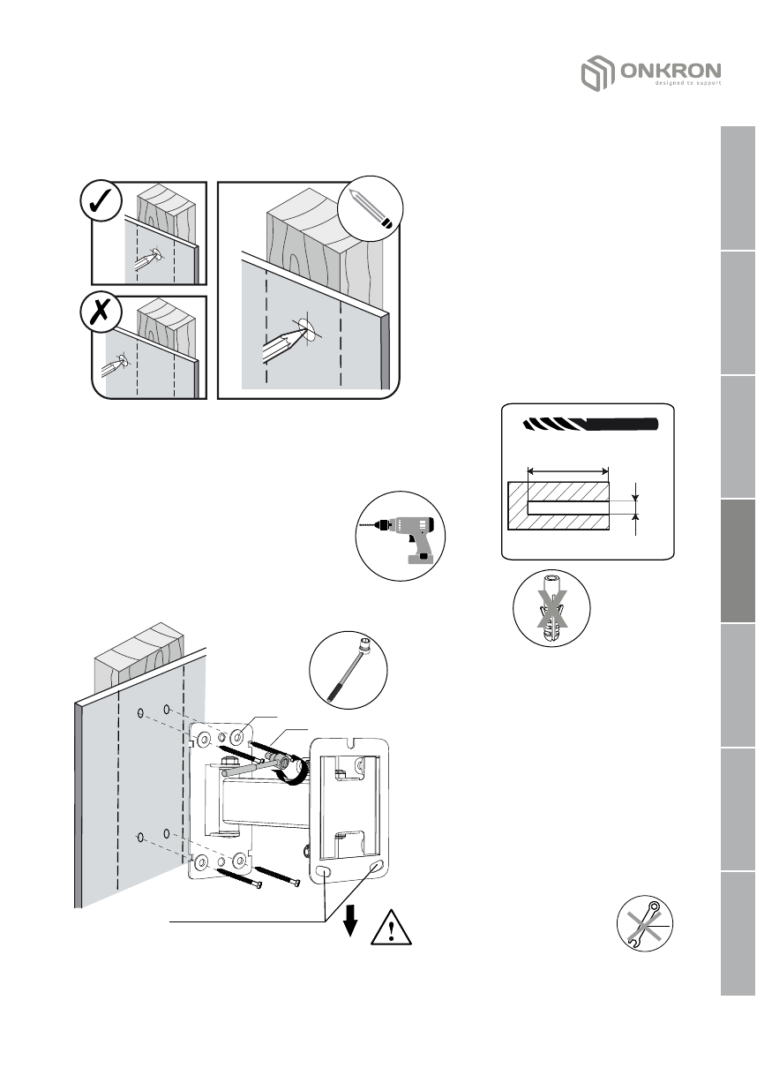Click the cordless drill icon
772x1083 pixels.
400,536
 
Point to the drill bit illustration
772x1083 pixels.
589,425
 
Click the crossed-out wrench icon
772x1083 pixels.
651,926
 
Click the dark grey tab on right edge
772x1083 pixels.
738,561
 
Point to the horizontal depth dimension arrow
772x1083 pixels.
567,470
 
